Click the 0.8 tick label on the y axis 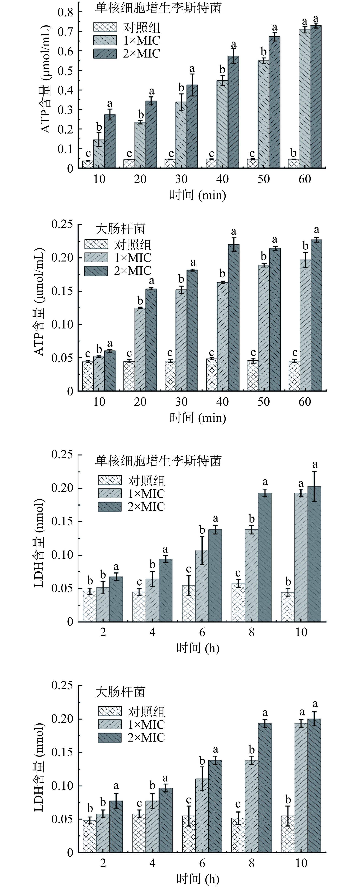[x=66, y=12]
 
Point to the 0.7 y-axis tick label [x=66, y=32]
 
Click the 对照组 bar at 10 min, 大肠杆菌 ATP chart [x=88, y=376]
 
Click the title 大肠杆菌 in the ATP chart [x=120, y=229]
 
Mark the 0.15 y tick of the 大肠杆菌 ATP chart [x=62, y=291]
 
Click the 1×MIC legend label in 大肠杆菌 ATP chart [x=133, y=258]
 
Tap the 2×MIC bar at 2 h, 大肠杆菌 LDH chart [x=116, y=826]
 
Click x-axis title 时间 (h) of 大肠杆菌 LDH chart [x=198, y=879]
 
